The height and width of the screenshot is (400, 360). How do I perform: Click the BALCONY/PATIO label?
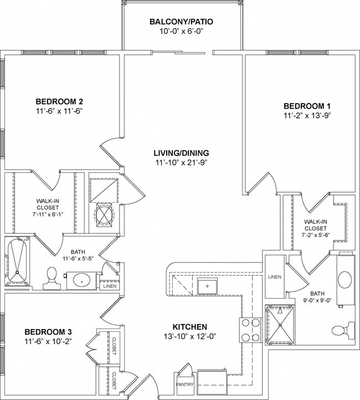pyautogui.click(x=181, y=22)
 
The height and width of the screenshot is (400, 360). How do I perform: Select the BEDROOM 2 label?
pyautogui.click(x=59, y=101)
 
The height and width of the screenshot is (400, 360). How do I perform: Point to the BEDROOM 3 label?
pyautogui.click(x=48, y=331)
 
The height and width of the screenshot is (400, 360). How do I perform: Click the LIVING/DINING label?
pyautogui.click(x=181, y=153)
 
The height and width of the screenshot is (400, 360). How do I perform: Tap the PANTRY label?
pyautogui.click(x=184, y=384)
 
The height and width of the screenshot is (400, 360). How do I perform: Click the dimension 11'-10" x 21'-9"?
pyautogui.click(x=181, y=163)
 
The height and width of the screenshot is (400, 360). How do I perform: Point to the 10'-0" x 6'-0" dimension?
pyautogui.click(x=181, y=32)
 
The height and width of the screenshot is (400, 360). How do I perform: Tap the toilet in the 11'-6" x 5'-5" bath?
pyautogui.click(x=52, y=278)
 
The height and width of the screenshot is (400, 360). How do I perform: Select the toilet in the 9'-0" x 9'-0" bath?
pyautogui.click(x=340, y=331)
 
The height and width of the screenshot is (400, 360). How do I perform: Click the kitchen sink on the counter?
pyautogui.click(x=207, y=286)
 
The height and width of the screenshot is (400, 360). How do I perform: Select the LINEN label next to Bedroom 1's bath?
pyautogui.click(x=274, y=277)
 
